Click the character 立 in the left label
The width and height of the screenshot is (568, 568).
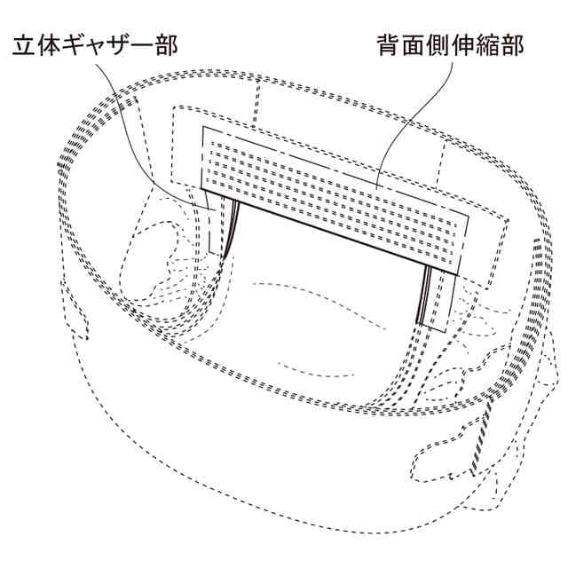23,46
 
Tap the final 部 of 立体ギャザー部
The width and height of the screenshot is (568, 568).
167,46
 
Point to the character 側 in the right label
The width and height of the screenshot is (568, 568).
440,46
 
